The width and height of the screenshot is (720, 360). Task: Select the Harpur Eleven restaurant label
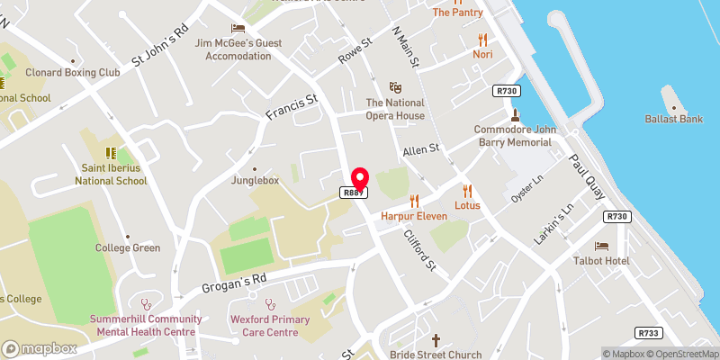tap(414, 217)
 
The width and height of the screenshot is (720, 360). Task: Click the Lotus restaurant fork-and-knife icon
tap(467, 190)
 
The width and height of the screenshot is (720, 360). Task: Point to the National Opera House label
tap(395, 110)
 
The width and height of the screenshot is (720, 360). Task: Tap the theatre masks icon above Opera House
tap(395, 87)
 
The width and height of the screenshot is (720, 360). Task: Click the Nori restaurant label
tap(482, 54)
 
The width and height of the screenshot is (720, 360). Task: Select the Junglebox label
tap(255, 180)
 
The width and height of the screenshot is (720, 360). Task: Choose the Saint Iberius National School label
tap(114, 174)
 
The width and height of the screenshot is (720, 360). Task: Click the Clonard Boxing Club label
tap(72, 72)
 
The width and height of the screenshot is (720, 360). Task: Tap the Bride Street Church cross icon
tap(436, 340)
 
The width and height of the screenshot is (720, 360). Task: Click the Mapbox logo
tap(40, 348)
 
